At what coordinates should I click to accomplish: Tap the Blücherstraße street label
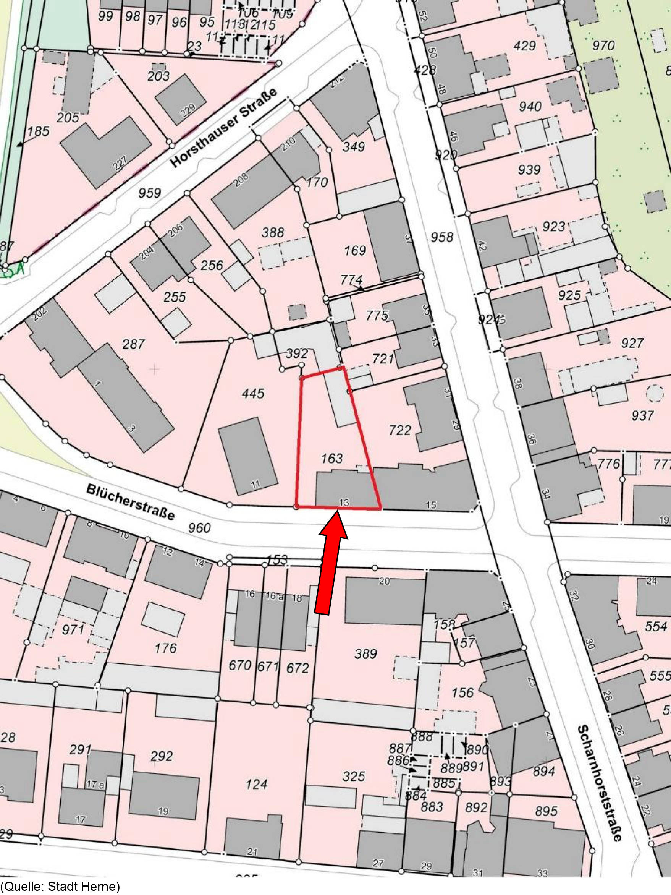coord(130,502)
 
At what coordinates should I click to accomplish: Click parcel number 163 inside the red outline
coord(331,459)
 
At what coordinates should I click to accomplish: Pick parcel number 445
coord(253,393)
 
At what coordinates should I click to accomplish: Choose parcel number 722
coord(399,430)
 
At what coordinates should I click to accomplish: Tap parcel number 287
coord(133,344)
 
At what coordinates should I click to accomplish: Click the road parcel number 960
coord(199,528)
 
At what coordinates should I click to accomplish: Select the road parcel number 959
coord(150,193)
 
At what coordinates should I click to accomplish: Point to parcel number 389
coord(365,654)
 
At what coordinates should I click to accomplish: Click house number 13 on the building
coord(344,503)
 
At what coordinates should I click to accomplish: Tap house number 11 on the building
coord(255,484)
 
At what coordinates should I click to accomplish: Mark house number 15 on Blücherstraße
coord(431,504)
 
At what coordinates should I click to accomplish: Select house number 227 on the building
coord(120,163)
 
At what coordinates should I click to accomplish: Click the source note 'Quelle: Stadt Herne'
coord(61,887)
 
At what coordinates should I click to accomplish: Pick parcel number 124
coord(256,785)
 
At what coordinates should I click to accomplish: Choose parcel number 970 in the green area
coord(603,45)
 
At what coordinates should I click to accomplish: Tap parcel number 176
coord(166,648)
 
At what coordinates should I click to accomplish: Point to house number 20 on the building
coord(384,581)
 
